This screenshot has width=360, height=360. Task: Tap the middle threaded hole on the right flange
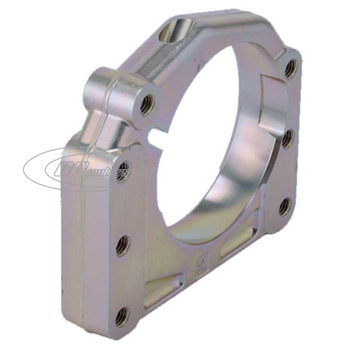click(287, 139)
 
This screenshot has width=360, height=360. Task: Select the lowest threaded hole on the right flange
click(284, 207)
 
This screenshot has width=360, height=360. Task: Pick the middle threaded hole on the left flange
click(122, 246)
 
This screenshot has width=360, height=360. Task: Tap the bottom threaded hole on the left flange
click(122, 317)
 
